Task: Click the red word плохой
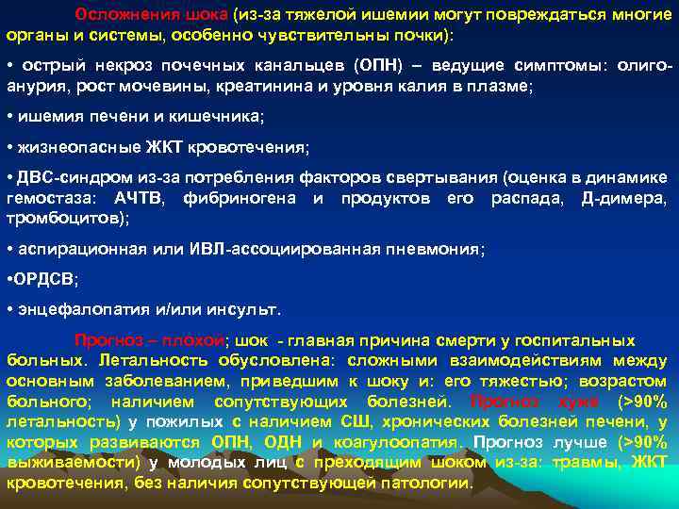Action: [194, 340]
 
